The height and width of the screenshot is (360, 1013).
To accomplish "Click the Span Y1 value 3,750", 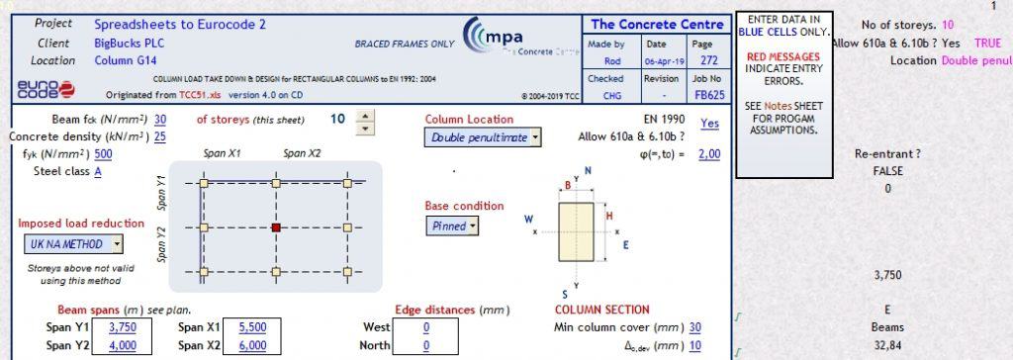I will (123, 327).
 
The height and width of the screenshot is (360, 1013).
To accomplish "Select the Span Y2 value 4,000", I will (123, 345).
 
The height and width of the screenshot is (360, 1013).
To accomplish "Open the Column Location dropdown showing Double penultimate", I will (484, 137).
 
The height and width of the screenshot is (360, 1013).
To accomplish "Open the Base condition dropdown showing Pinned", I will (452, 225).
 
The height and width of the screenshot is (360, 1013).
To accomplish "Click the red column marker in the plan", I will (275, 227).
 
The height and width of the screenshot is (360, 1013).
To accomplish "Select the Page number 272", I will (702, 60).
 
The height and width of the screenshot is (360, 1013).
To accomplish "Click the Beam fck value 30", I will (160, 119).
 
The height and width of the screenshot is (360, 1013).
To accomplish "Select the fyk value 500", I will (103, 153).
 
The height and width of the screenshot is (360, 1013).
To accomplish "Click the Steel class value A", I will (98, 171).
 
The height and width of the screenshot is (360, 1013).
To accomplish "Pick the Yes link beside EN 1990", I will (709, 124).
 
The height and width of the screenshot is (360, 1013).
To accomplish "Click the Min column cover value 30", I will (695, 327).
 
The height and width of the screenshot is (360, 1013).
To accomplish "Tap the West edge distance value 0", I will (426, 327).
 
